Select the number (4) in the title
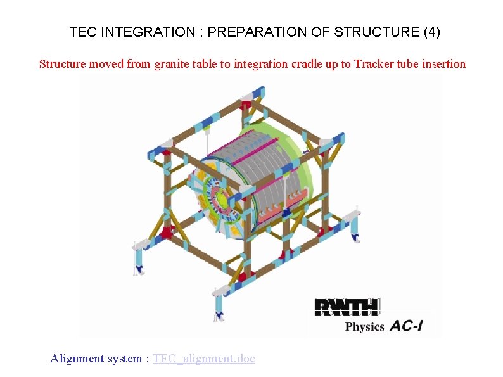(431, 32)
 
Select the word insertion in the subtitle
(443, 64)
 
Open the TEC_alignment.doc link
(203, 359)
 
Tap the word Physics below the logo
(364, 327)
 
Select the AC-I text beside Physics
(406, 326)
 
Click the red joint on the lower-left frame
(168, 233)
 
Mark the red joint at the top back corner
(245, 105)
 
